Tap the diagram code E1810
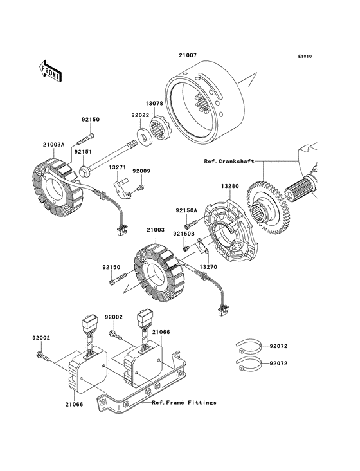(x=304, y=56)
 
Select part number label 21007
(x=188, y=56)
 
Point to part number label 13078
(x=154, y=102)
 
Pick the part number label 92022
(x=140, y=115)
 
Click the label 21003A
(x=54, y=145)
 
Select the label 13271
(x=116, y=167)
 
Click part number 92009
(x=141, y=171)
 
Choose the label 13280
(x=230, y=187)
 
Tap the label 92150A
(x=187, y=210)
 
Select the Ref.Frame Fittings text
(x=184, y=403)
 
